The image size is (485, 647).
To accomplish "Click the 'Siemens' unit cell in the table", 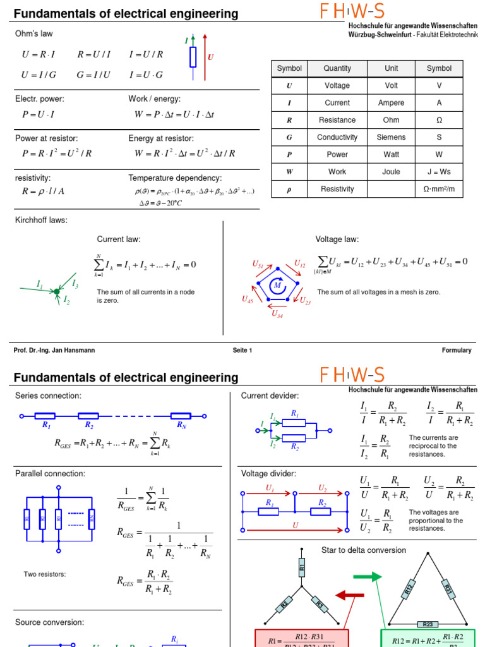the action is click(391, 137).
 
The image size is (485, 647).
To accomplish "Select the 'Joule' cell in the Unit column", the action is click(391, 171).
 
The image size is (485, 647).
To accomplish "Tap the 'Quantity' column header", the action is click(337, 68).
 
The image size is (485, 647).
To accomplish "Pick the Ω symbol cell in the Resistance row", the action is click(439, 120).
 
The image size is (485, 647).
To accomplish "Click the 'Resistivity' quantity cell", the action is click(337, 189).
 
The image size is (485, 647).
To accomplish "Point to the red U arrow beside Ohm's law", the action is click(205, 57).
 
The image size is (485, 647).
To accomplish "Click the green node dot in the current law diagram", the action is click(57, 291).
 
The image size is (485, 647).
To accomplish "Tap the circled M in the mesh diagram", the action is click(277, 286).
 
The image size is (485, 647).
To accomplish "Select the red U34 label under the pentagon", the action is click(277, 313).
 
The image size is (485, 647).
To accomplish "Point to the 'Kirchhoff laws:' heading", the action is click(41, 220).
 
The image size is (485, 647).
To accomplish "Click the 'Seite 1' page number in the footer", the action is click(242, 350).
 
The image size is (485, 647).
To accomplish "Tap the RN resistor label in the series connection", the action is click(181, 425).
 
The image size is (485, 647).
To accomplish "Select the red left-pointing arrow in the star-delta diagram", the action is click(349, 595).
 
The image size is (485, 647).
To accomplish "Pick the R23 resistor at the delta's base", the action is click(427, 624).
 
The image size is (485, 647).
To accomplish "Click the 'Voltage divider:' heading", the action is click(268, 473).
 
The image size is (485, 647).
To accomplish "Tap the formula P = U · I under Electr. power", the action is click(38, 114).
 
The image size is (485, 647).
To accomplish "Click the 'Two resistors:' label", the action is click(45, 574).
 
